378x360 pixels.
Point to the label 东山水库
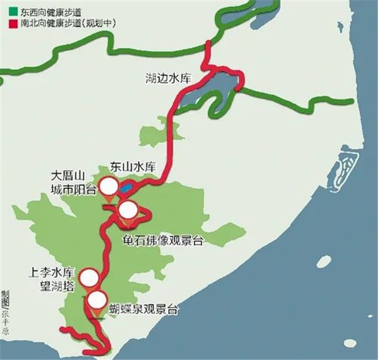132,167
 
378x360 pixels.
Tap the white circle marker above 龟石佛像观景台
128,210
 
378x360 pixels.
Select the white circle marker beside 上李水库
89,277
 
